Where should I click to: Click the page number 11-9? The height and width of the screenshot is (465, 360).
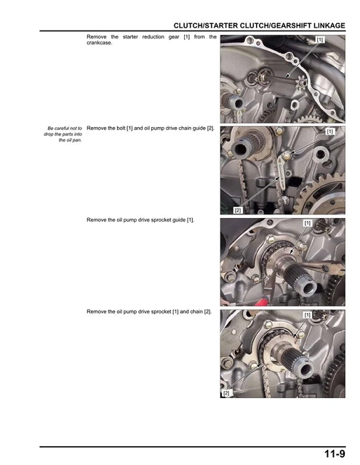click(x=335, y=454)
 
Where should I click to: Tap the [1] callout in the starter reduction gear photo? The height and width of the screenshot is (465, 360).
click(x=321, y=39)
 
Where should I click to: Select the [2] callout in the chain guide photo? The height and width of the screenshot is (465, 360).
click(x=237, y=210)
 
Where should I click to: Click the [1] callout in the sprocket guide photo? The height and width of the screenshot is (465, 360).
click(x=307, y=223)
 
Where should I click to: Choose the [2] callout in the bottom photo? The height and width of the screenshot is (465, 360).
click(x=225, y=393)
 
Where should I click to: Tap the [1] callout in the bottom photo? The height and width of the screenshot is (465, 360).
click(x=307, y=315)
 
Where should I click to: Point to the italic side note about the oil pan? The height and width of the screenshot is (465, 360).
click(x=63, y=134)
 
